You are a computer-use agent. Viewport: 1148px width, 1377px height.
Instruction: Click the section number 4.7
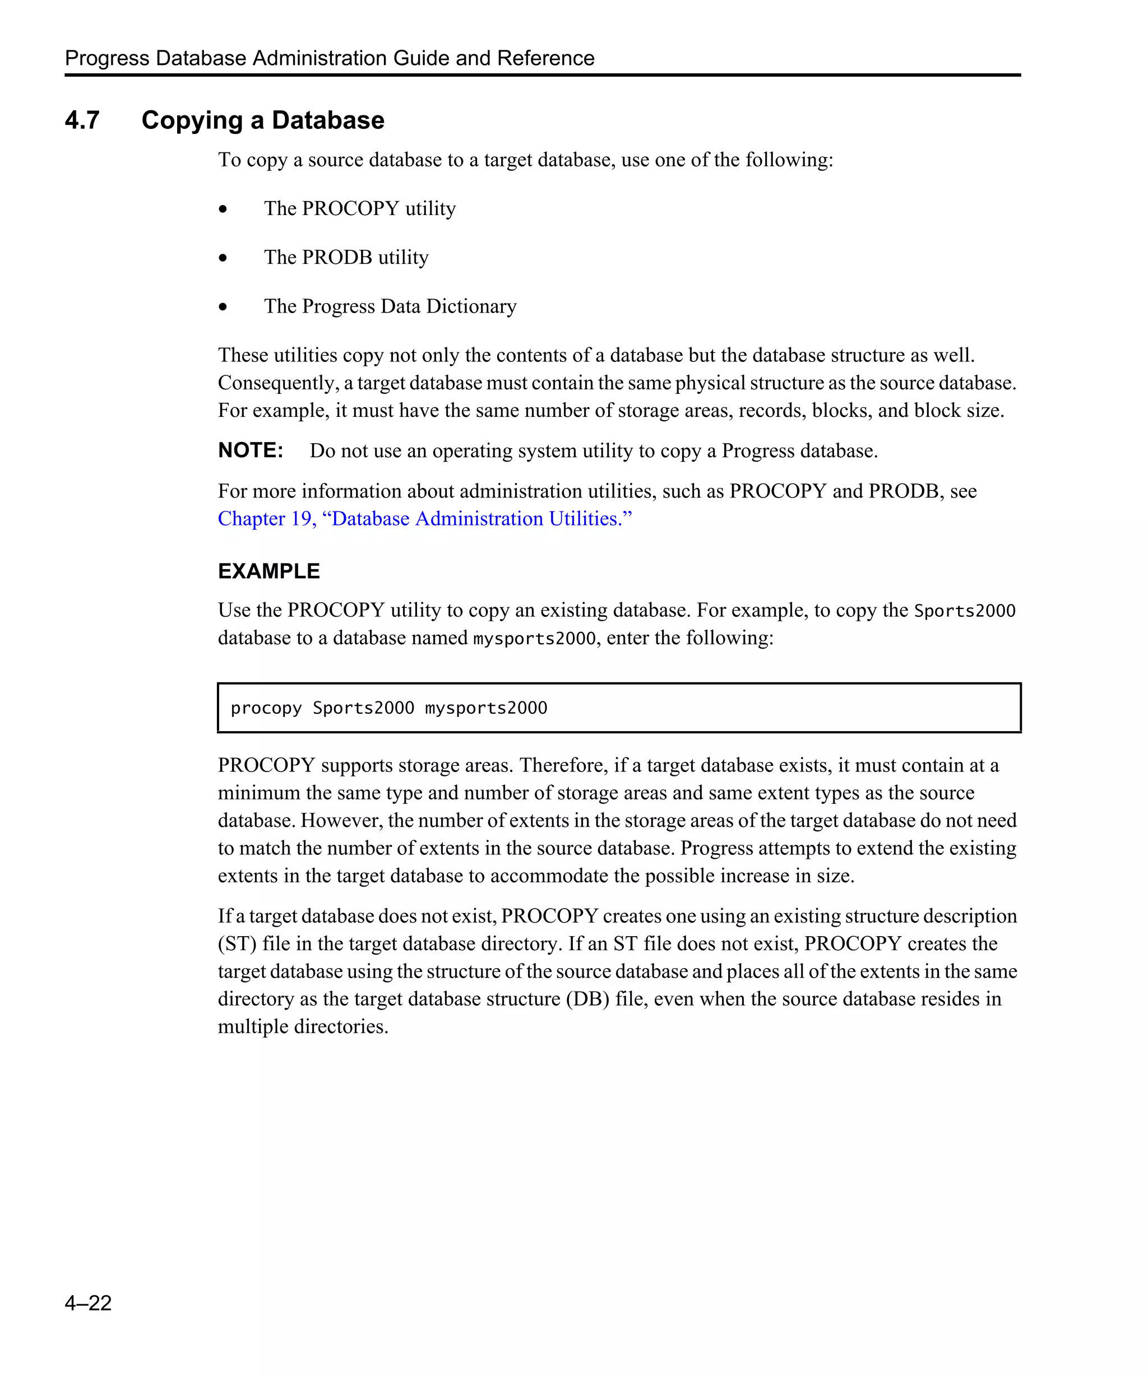click(82, 120)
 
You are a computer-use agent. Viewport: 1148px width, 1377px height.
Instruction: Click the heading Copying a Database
click(262, 120)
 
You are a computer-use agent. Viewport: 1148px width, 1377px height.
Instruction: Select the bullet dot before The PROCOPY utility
click(223, 209)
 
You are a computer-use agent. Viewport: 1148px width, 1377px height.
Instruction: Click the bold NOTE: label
click(250, 450)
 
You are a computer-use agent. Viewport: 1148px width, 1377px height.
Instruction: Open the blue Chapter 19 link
click(424, 519)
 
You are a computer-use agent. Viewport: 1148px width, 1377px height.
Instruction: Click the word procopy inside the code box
click(266, 708)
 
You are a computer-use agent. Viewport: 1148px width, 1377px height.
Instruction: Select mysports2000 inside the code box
click(485, 708)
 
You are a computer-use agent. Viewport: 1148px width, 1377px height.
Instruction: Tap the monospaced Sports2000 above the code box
click(964, 611)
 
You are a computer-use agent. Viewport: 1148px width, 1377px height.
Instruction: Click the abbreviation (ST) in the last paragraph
click(237, 943)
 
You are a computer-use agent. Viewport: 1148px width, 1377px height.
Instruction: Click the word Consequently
click(278, 383)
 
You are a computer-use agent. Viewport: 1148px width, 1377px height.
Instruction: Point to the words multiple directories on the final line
click(303, 1026)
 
